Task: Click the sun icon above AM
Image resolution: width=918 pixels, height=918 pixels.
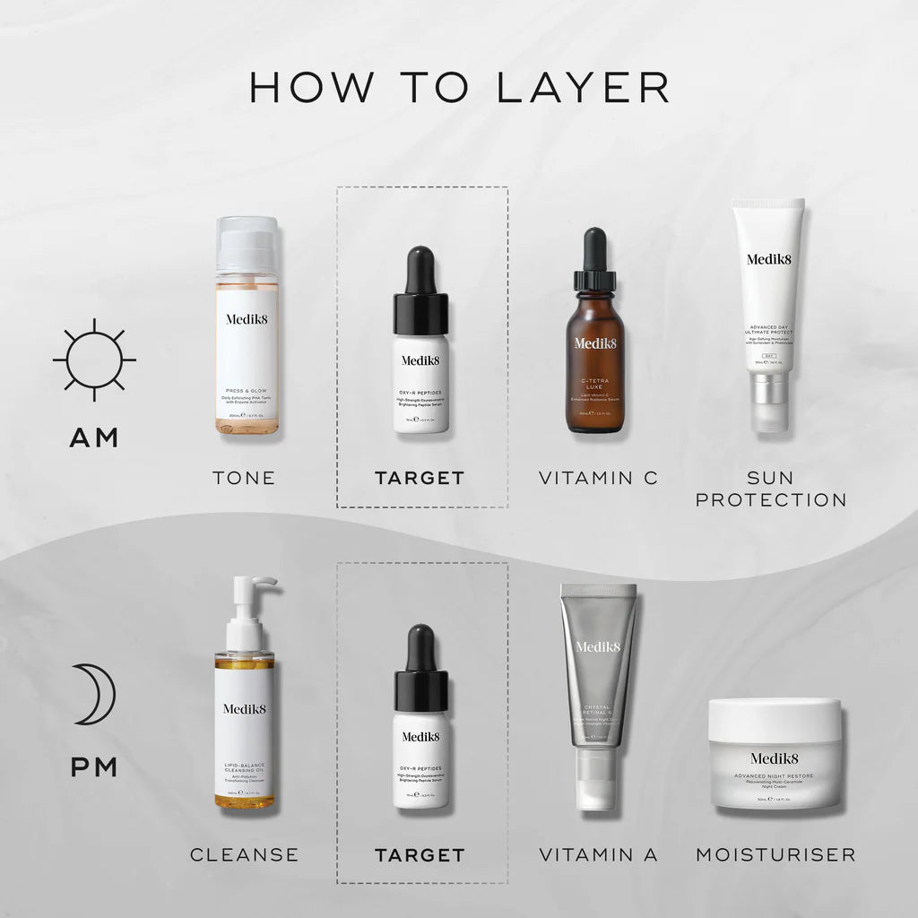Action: (x=94, y=359)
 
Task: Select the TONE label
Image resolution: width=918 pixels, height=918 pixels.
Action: (x=244, y=478)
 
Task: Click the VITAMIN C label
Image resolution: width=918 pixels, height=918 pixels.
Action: (x=598, y=478)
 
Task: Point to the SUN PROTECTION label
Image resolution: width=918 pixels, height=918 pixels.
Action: (x=771, y=489)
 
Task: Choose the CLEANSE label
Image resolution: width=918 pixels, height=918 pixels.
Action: (x=244, y=854)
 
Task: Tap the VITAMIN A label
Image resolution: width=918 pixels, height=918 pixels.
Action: (x=598, y=854)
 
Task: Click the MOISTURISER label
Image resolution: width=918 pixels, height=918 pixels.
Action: (x=775, y=854)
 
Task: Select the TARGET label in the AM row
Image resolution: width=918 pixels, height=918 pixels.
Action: (x=420, y=478)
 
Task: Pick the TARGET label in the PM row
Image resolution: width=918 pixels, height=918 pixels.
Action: (x=420, y=854)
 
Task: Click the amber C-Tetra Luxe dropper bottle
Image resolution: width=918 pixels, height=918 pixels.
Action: (x=595, y=359)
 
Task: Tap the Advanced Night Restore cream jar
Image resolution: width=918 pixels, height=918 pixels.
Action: (x=775, y=755)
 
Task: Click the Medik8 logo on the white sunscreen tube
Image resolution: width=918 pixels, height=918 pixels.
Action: (x=768, y=260)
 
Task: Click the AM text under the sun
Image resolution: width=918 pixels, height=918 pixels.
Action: (x=94, y=437)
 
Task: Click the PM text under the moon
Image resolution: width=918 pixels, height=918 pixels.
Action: (x=94, y=767)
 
